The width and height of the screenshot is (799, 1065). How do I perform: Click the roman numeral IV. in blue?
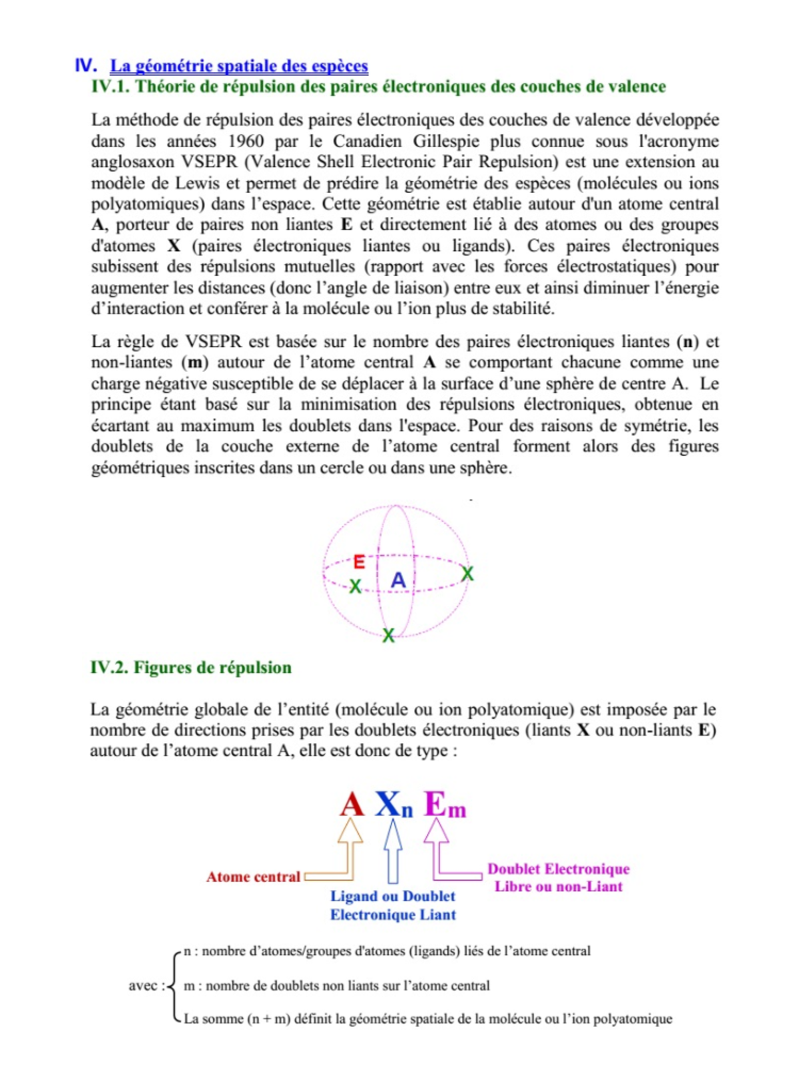point(86,65)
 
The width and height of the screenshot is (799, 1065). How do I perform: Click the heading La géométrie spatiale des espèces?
point(238,66)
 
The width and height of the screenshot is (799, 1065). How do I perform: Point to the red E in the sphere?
point(359,562)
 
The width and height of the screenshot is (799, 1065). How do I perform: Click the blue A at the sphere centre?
point(398,580)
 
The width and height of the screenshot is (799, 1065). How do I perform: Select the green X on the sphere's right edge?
point(467,574)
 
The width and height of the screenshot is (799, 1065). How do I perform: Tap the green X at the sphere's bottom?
point(388,636)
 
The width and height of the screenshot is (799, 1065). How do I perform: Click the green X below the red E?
point(356,586)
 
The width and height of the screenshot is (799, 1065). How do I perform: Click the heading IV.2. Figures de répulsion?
point(190,668)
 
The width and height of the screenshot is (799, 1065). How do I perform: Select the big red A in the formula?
point(352,804)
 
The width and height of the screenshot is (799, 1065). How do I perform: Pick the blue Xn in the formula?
point(394,805)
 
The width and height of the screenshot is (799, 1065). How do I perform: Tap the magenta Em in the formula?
point(444,805)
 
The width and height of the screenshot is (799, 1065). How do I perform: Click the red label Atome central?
point(253,877)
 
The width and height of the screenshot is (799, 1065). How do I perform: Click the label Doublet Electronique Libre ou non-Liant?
point(558,877)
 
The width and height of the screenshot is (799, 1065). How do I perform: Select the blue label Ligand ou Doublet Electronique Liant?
point(393,905)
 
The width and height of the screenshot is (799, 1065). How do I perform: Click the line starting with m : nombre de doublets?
point(336,986)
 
